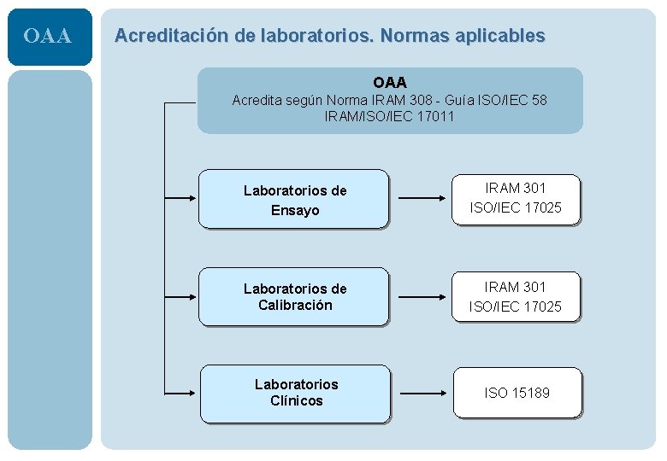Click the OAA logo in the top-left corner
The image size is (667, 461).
tap(48, 37)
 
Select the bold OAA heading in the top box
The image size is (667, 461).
tap(389, 83)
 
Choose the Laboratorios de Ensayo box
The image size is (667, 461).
tap(293, 200)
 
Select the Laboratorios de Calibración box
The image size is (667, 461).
tap(293, 297)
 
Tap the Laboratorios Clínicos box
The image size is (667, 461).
tap(295, 393)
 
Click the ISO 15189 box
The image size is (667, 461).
tap(516, 393)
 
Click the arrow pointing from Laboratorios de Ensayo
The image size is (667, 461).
tap(419, 199)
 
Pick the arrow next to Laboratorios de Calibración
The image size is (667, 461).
tap(419, 297)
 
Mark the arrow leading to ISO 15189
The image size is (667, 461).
tap(419, 394)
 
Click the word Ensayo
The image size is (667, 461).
tap(295, 210)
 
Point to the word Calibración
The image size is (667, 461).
tap(295, 306)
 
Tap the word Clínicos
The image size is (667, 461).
tap(297, 401)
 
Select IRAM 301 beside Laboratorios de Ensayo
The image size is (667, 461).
tap(516, 188)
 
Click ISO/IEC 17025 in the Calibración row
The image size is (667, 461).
tap(516, 306)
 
